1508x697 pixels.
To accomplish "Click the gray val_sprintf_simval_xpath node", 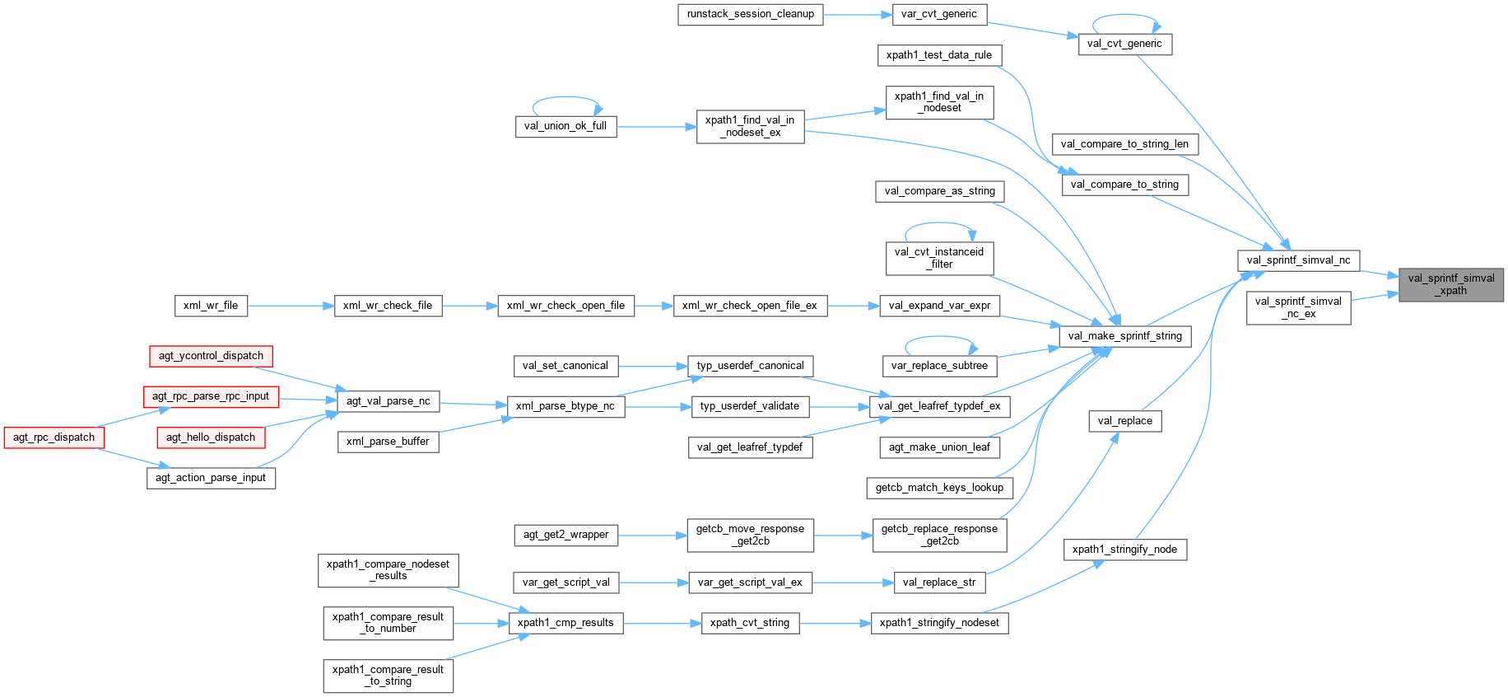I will (x=1450, y=284).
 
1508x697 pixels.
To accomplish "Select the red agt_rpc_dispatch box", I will (x=54, y=437).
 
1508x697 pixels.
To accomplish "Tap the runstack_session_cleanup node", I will (x=750, y=14).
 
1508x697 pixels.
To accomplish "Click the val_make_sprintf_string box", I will (x=1124, y=336).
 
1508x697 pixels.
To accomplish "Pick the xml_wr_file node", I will (x=211, y=306).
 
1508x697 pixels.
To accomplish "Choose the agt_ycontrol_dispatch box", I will (x=211, y=356).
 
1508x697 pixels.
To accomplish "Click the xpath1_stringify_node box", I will (x=1124, y=550).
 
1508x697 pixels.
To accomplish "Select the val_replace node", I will (x=1124, y=421).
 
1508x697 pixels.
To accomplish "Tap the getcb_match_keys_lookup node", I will (x=939, y=488).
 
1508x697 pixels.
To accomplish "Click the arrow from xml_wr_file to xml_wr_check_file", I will (x=291, y=306).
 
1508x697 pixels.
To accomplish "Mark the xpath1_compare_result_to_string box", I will (x=388, y=676).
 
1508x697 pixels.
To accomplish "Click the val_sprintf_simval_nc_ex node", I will (x=1298, y=307).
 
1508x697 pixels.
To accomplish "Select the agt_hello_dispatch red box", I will (x=211, y=437).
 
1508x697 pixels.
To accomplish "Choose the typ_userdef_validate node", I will (x=749, y=406).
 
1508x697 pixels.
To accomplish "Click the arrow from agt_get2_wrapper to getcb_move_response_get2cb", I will (x=652, y=536).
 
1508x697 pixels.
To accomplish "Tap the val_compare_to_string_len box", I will (x=1124, y=144).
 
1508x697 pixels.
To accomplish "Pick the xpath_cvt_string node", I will (x=749, y=623).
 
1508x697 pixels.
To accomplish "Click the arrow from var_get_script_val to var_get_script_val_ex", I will (x=654, y=582).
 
